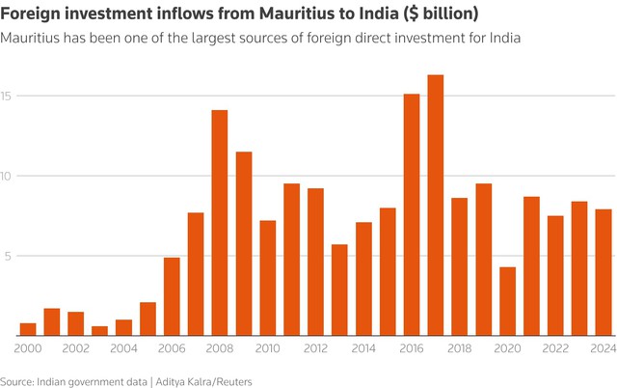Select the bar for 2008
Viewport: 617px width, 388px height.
coord(220,223)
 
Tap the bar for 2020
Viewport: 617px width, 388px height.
coord(507,301)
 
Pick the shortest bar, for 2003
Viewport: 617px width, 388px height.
coord(99,331)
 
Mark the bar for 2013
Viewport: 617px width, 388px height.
coord(339,291)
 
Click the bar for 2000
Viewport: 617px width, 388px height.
coord(28,329)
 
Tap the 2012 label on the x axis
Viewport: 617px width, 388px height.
coord(315,349)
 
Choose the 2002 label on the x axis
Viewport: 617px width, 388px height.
coord(76,349)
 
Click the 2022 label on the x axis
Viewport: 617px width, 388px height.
coord(554,349)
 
